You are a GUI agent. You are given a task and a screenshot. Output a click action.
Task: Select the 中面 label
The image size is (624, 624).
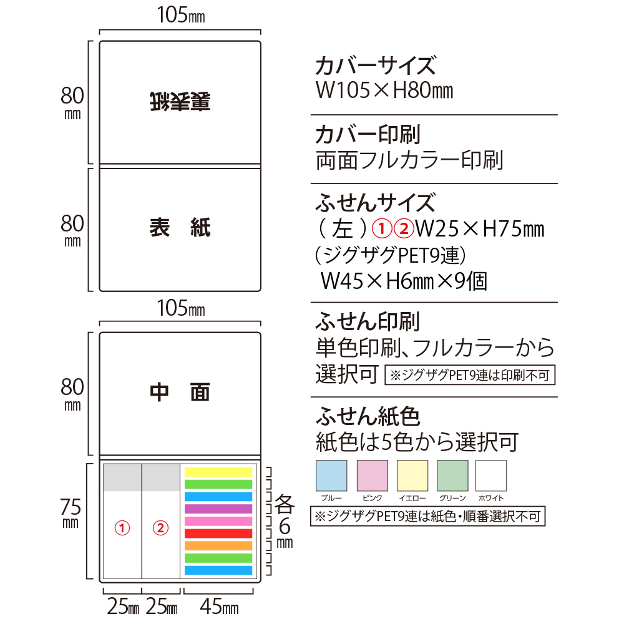pyautogui.click(x=180, y=392)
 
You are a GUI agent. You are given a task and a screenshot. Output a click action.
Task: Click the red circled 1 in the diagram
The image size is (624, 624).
pyautogui.click(x=123, y=528)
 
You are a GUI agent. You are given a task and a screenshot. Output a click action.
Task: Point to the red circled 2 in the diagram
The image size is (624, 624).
pyautogui.click(x=161, y=528)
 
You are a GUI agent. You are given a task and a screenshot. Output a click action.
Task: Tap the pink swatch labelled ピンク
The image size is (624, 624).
pyautogui.click(x=371, y=475)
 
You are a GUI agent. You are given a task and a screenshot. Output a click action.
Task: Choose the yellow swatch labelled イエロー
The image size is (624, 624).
pyautogui.click(x=412, y=475)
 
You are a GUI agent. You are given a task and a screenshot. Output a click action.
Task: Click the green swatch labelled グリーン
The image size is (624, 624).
pyautogui.click(x=452, y=475)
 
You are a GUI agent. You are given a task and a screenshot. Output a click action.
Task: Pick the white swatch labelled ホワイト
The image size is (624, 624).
pyautogui.click(x=491, y=475)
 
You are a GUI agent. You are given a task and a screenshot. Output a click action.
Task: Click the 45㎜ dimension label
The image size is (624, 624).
pyautogui.click(x=218, y=605)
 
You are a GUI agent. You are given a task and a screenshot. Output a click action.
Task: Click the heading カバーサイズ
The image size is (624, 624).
pyautogui.click(x=374, y=66)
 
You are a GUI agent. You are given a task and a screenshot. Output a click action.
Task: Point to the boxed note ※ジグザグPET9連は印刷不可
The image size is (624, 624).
pyautogui.click(x=470, y=376)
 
